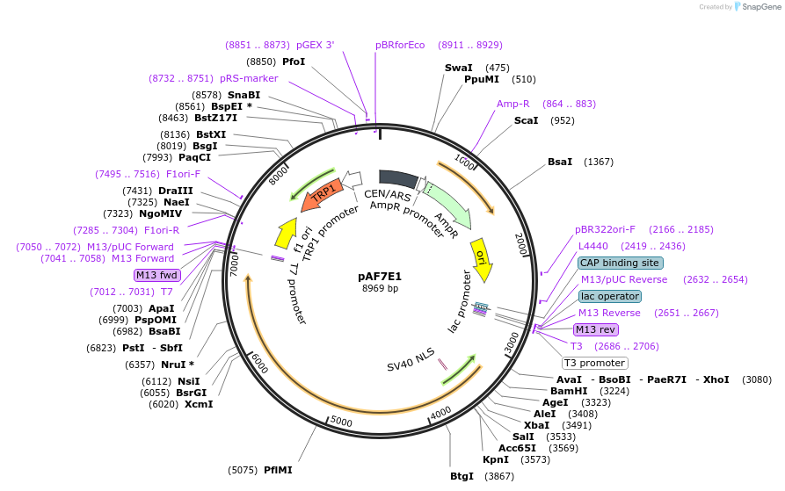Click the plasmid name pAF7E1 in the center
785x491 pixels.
click(x=380, y=276)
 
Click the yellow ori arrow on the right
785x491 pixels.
click(x=481, y=260)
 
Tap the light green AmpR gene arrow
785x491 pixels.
click(x=447, y=203)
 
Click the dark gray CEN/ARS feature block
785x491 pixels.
click(x=397, y=179)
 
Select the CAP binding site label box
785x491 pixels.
click(x=620, y=263)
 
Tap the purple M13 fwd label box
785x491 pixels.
click(x=156, y=276)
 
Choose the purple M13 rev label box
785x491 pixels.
click(x=596, y=329)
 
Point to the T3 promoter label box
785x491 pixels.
click(x=595, y=363)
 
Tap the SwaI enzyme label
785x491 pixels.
click(x=458, y=68)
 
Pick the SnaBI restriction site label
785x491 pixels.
click(x=243, y=95)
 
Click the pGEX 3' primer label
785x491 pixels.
click(x=315, y=45)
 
